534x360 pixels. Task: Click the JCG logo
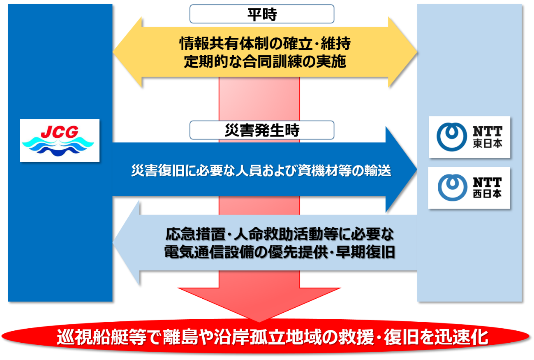click(x=60, y=140)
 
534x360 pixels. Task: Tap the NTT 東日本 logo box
click(x=469, y=137)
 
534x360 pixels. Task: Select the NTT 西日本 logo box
click(x=469, y=188)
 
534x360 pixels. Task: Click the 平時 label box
click(x=261, y=14)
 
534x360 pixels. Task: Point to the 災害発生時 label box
click(x=261, y=130)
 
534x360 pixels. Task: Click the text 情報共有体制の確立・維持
click(x=265, y=43)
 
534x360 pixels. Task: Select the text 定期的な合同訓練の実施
click(x=265, y=62)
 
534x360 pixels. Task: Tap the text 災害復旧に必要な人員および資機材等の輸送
click(x=261, y=170)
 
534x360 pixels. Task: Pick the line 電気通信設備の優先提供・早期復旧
click(x=280, y=252)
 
